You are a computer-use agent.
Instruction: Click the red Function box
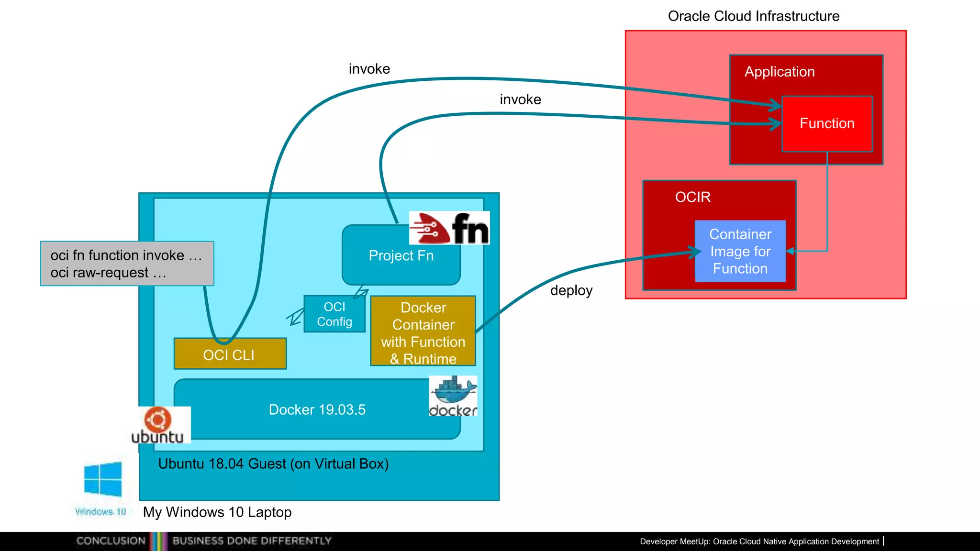tap(827, 124)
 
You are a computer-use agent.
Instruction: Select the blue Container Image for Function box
tap(740, 251)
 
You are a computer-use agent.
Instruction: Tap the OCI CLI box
tap(230, 354)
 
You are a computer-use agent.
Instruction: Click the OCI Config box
tap(334, 314)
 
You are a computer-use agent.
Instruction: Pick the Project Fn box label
tap(401, 256)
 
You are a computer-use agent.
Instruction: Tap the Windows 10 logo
tap(102, 480)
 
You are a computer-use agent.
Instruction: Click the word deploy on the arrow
tap(571, 290)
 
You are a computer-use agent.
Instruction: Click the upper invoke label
tap(369, 69)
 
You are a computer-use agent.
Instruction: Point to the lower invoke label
tap(520, 99)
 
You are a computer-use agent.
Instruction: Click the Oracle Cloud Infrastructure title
tap(753, 16)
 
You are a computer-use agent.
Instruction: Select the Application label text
tap(779, 72)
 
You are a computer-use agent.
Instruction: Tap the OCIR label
tap(692, 197)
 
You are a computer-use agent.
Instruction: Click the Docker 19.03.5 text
tap(317, 410)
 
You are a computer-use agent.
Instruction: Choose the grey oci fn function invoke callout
tap(127, 264)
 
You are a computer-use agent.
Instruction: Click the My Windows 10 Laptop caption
tap(217, 512)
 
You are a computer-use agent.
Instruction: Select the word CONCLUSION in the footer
tap(111, 541)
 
